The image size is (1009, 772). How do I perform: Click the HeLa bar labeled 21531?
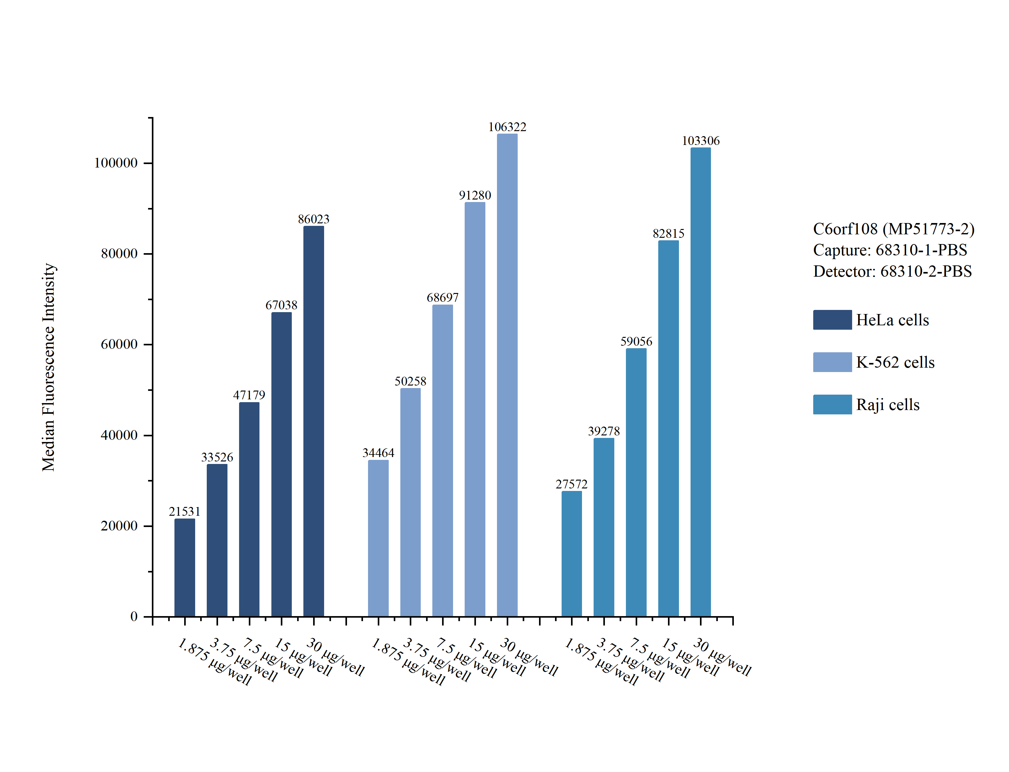(185, 567)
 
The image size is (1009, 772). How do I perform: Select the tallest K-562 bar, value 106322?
(507, 375)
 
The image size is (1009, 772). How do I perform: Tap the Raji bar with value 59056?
(636, 482)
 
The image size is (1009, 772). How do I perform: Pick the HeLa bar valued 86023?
(314, 421)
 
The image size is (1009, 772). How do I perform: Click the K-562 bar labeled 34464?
(378, 538)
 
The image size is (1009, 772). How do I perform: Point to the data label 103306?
(701, 141)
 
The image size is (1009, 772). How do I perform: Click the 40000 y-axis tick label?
(119, 435)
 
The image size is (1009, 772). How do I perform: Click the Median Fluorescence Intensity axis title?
(48, 367)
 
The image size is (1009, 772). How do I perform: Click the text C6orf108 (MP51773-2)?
(894, 229)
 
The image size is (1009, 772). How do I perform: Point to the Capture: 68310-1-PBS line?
(890, 250)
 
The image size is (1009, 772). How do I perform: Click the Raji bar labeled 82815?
(669, 429)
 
